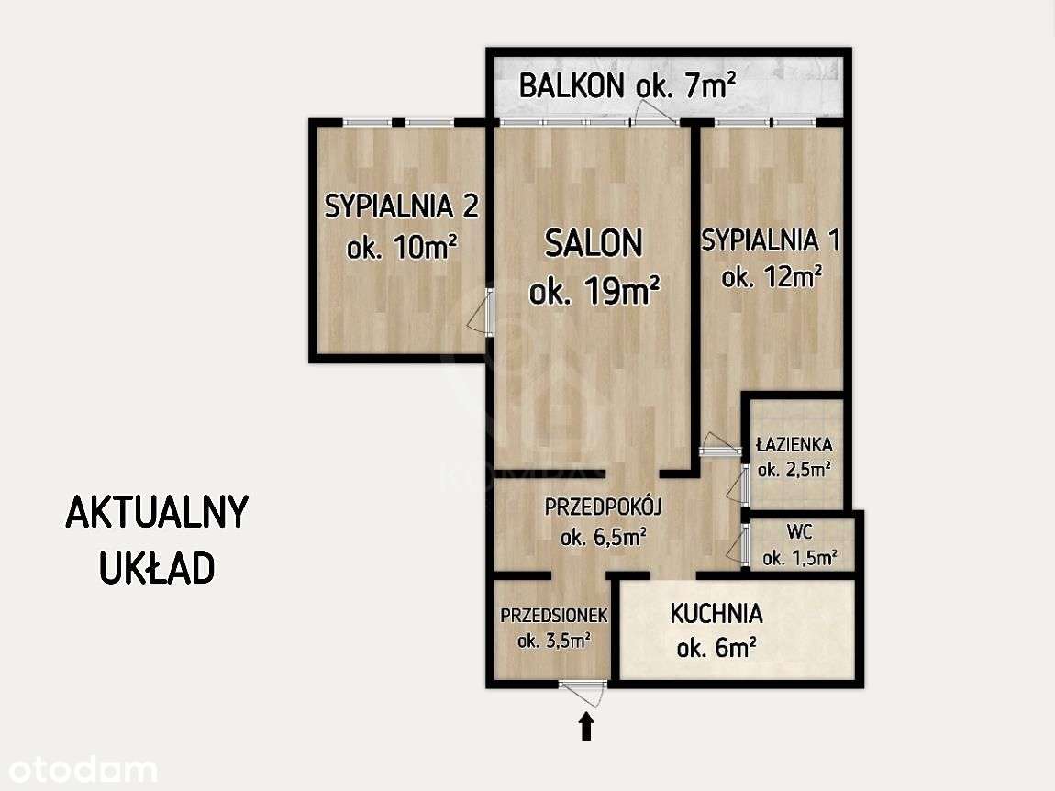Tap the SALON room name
click(x=594, y=243)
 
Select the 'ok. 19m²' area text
click(x=594, y=291)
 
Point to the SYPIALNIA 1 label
click(x=771, y=240)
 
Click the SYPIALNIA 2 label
click(x=401, y=206)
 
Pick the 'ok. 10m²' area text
click(x=402, y=248)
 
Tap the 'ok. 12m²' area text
click(x=771, y=276)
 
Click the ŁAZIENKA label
click(x=794, y=445)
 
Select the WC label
click(x=799, y=532)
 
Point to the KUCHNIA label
click(x=716, y=613)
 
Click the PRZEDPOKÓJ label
click(x=604, y=506)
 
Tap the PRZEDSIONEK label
click(x=553, y=615)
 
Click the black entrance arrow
click(x=586, y=727)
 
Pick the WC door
click(x=743, y=543)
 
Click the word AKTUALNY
click(x=157, y=513)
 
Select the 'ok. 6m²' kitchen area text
click(x=716, y=649)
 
